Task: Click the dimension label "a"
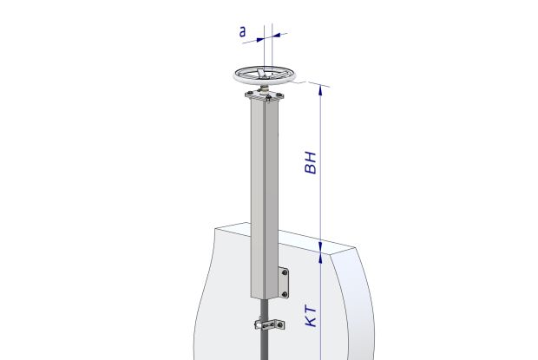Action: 242,32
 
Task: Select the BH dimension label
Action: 311,162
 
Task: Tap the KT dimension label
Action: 311,317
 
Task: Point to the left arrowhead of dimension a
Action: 260,39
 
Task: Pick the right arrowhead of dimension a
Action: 276,35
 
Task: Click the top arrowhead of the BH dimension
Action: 320,90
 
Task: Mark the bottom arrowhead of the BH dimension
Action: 320,246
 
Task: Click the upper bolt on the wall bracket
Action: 285,272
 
